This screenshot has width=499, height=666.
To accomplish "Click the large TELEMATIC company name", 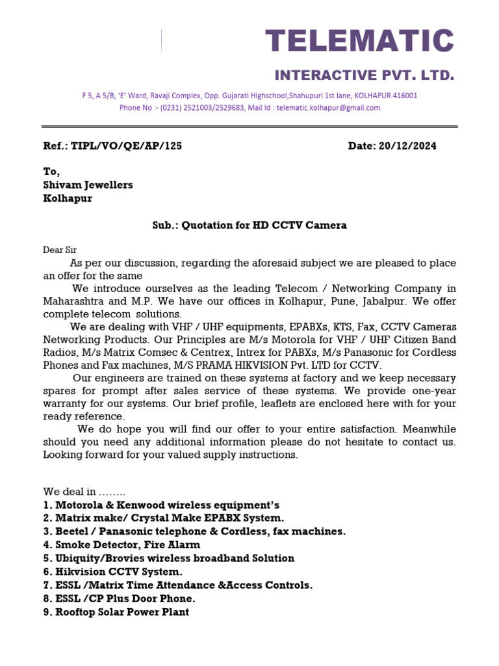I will click(359, 41).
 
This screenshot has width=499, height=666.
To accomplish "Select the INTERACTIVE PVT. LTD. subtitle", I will click(363, 75).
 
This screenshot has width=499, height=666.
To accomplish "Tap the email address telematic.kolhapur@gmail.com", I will click(328, 108).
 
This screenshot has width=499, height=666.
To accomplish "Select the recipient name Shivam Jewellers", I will click(88, 185).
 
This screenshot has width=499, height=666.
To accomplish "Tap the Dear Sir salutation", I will click(60, 250).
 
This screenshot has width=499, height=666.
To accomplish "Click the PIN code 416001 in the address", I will click(404, 96).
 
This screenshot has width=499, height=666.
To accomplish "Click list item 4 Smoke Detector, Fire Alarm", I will click(122, 544).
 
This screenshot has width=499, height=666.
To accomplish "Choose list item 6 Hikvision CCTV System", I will click(112, 571).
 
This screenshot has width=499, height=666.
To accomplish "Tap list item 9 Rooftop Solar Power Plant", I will click(116, 612).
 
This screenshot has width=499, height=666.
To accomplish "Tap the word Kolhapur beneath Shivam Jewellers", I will click(68, 198).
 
